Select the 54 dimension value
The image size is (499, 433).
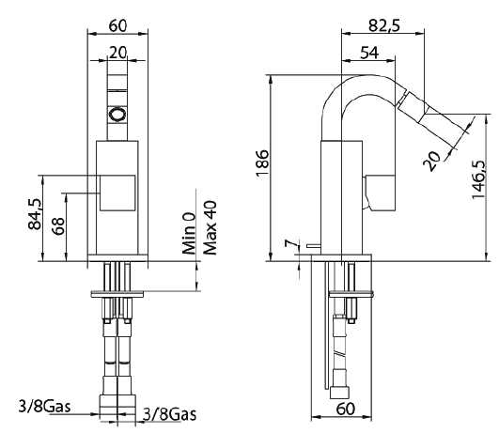coord(370,54)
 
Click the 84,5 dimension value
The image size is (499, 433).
coord(36,214)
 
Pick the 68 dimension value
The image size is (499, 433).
coord(58,225)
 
